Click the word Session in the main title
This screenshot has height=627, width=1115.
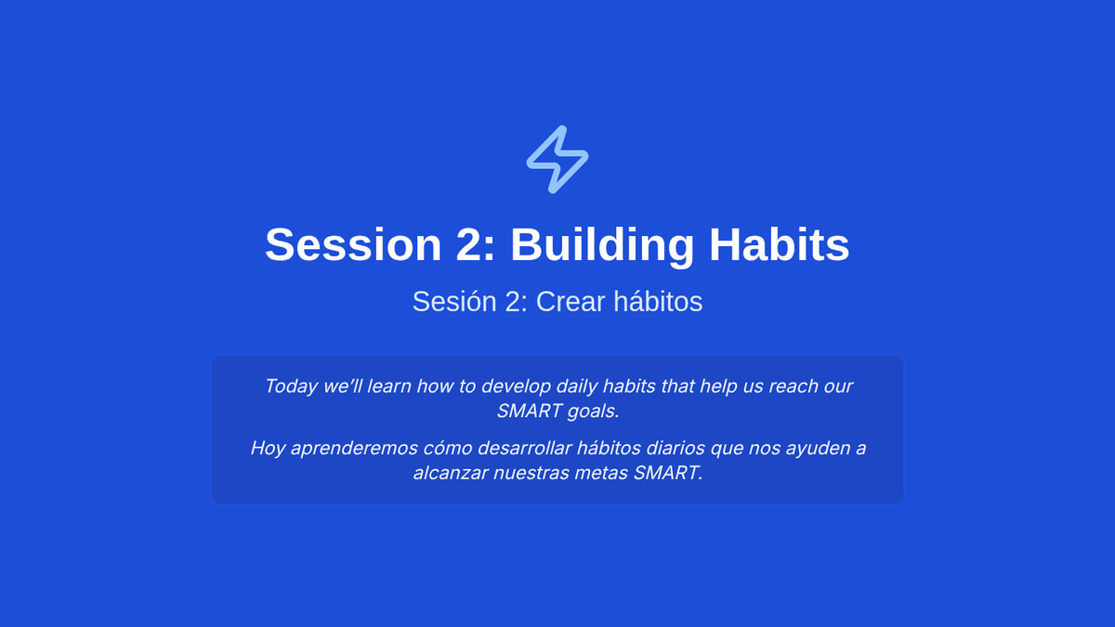click(353, 245)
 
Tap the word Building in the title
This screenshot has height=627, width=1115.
click(602, 245)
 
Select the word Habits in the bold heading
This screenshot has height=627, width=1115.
click(779, 245)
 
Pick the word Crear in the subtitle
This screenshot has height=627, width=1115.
click(571, 302)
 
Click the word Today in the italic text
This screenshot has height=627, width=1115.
click(291, 386)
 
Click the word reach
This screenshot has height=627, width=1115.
click(794, 386)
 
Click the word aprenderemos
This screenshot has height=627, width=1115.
click(354, 449)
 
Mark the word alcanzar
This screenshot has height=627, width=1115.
click(451, 473)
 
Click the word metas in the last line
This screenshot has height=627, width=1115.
click(601, 473)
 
